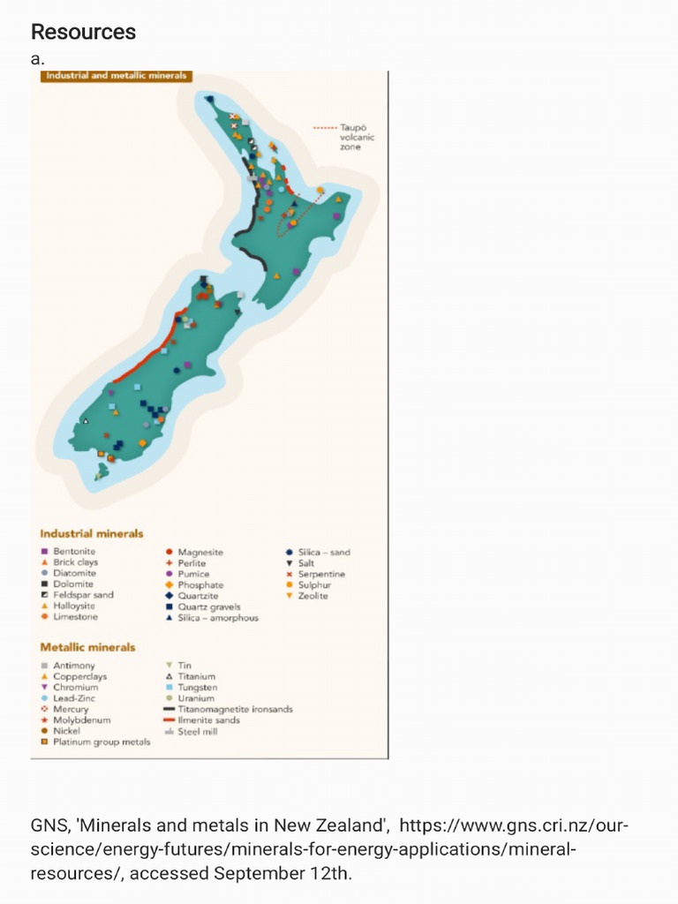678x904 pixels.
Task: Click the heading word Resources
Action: click(x=83, y=33)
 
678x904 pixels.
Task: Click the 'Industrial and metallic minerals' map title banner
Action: click(x=117, y=76)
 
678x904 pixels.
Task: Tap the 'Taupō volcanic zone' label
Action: click(x=357, y=137)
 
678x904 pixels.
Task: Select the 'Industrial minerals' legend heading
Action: click(x=92, y=533)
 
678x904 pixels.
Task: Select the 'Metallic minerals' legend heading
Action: click(x=88, y=647)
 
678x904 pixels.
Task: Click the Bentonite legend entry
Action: click(x=73, y=552)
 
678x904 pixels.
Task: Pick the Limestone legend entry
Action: click(x=75, y=617)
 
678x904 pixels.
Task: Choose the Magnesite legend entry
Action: click(x=200, y=553)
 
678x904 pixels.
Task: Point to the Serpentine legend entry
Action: click(x=321, y=575)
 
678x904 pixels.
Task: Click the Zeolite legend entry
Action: click(x=313, y=596)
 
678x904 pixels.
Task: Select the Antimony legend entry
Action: click(x=73, y=666)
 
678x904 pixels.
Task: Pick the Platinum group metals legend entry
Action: click(x=101, y=742)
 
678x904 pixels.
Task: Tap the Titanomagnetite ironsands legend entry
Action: click(x=234, y=709)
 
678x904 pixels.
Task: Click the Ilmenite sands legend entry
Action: click(x=208, y=720)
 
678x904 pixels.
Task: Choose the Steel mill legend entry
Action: click(x=197, y=732)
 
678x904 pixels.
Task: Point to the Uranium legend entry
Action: click(x=195, y=698)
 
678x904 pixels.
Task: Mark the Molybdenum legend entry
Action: click(x=81, y=720)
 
